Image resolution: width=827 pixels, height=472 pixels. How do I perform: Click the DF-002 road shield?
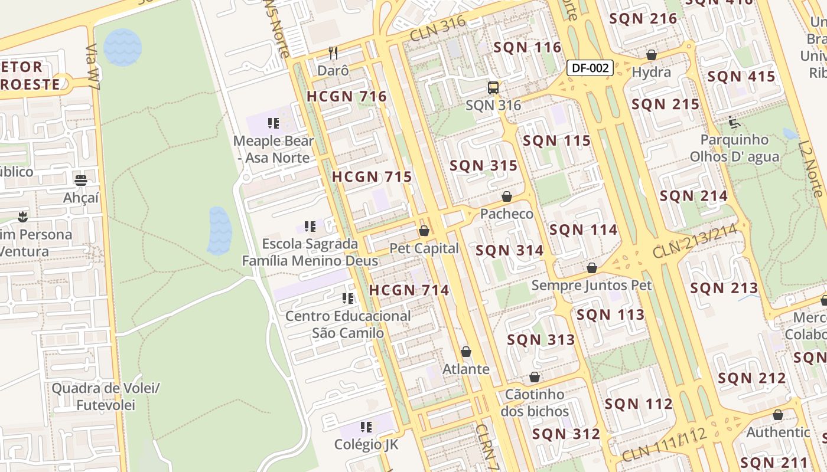[590, 68]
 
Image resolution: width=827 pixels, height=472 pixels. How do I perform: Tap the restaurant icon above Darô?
[333, 53]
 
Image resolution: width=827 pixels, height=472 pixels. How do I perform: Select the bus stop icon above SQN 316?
[493, 88]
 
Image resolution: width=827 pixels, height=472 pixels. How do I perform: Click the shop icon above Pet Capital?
[424, 231]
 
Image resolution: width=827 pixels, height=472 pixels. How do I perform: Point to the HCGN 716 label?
[347, 97]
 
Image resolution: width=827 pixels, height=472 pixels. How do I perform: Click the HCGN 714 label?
[409, 290]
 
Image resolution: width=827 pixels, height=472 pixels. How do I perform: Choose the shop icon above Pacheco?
[506, 196]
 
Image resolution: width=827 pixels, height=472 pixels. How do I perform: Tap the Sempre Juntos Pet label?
[591, 286]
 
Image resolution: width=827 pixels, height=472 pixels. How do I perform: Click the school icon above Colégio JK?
[366, 427]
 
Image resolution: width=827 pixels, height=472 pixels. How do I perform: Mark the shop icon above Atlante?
[466, 352]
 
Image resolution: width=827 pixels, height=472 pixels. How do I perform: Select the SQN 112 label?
[639, 404]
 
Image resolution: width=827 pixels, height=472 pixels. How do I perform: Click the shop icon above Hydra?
[652, 55]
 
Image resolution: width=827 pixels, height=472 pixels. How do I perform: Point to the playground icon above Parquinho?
[734, 122]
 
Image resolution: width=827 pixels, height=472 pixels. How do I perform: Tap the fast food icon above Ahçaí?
[81, 180]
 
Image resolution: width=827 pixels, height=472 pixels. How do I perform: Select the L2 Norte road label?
[810, 168]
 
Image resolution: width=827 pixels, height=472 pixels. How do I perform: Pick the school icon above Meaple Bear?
[273, 123]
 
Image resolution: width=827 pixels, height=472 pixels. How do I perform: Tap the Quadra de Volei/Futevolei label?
[106, 396]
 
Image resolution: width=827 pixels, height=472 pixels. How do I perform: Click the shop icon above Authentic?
[778, 415]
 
